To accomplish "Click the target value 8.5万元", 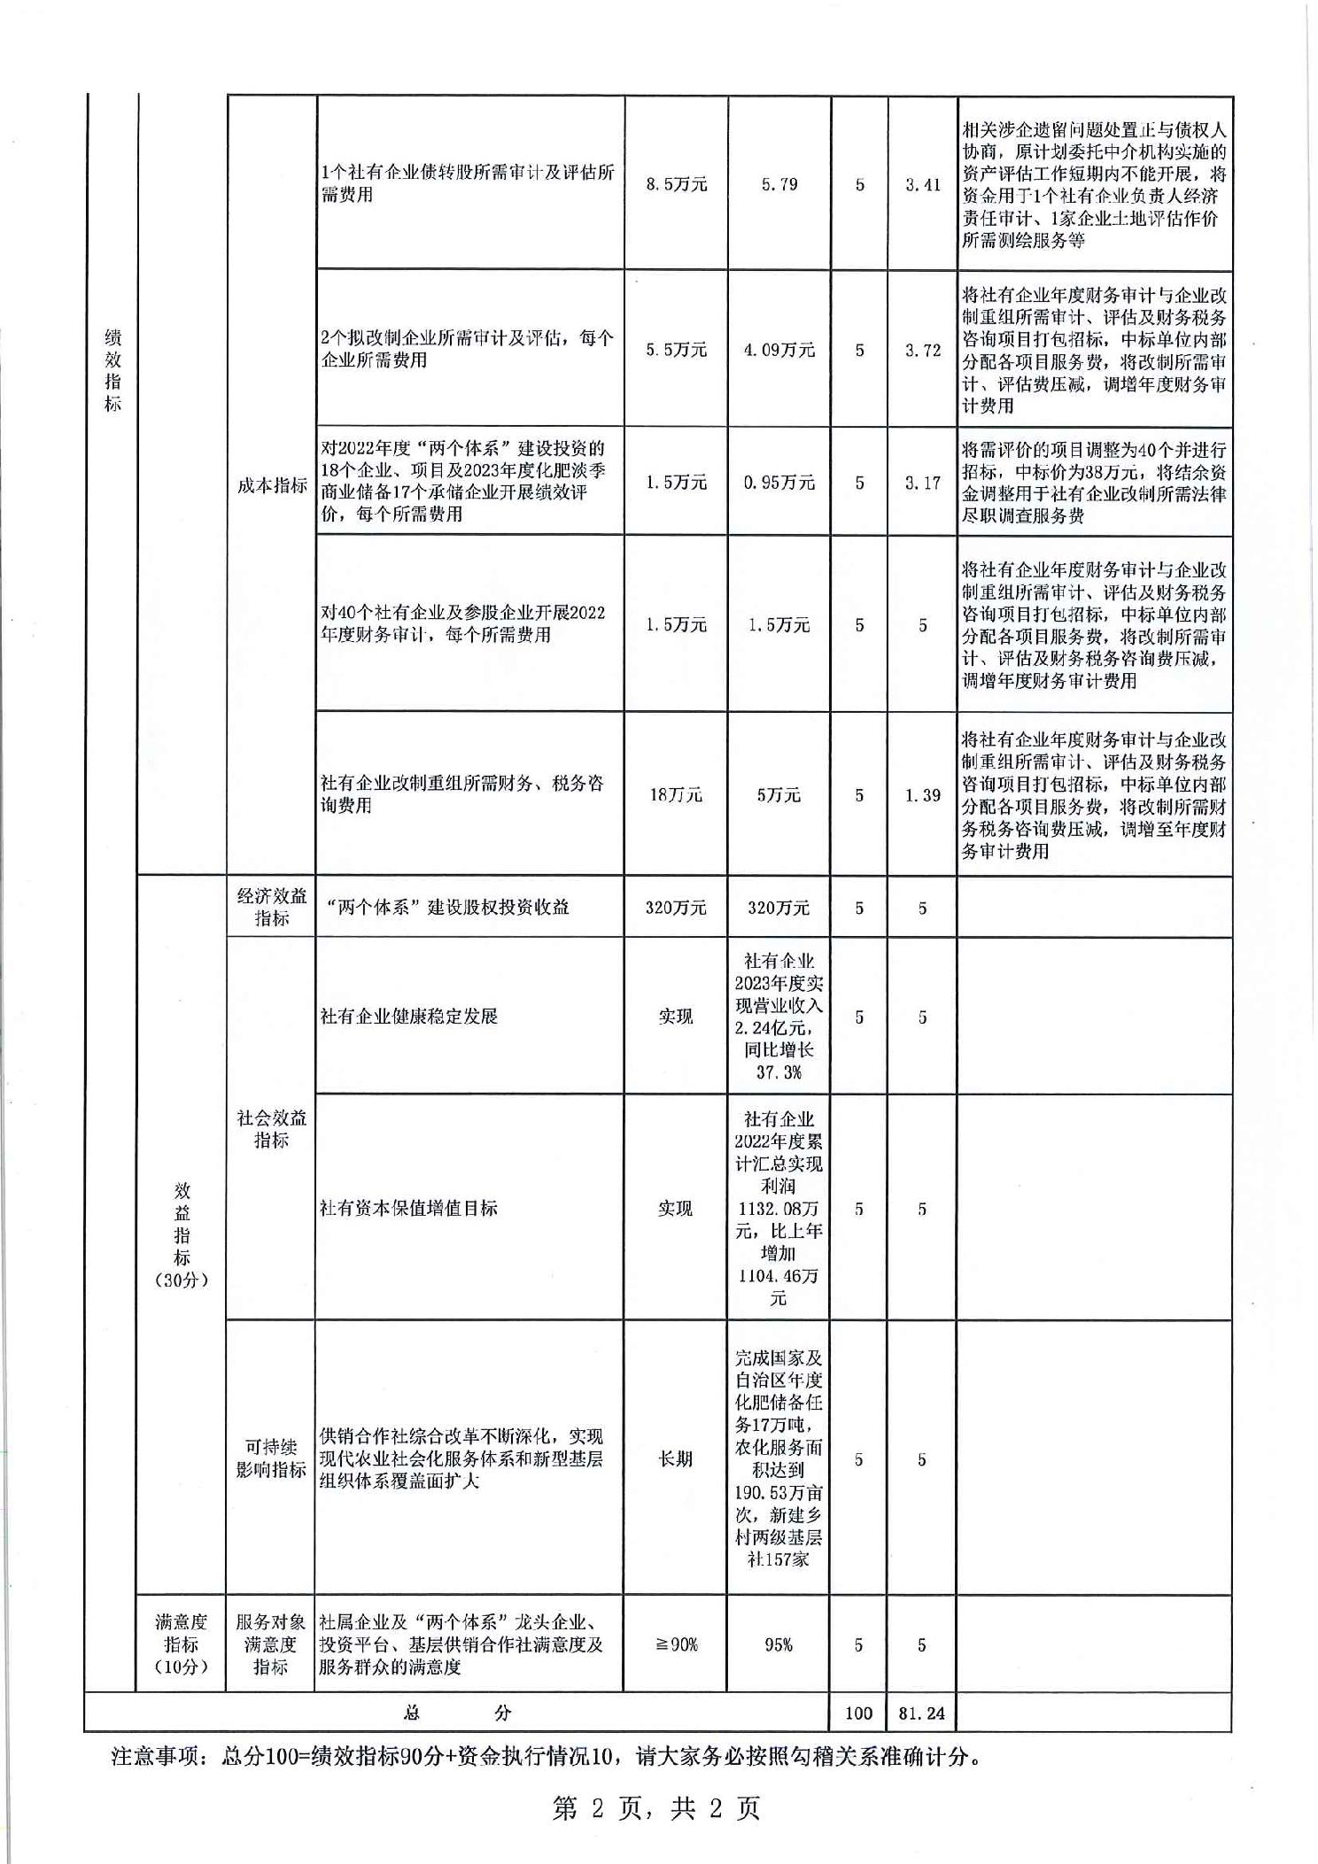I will point(676,184).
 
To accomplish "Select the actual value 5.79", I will point(779,184).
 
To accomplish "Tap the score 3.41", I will point(922,184).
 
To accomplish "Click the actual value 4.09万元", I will point(779,350).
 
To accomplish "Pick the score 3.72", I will point(922,350).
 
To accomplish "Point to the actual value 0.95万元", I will point(779,483).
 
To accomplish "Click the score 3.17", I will point(922,483).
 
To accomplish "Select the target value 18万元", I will point(676,794).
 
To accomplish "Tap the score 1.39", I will point(922,794).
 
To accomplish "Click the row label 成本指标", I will point(271,485).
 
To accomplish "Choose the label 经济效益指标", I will point(271,907).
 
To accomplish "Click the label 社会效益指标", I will point(271,1128).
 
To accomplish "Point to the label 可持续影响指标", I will point(271,1458).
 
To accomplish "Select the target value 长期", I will point(675,1458).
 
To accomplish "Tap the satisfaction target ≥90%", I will point(676,1644).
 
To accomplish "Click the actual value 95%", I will point(779,1644).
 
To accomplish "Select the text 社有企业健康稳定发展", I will point(409,1016).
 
